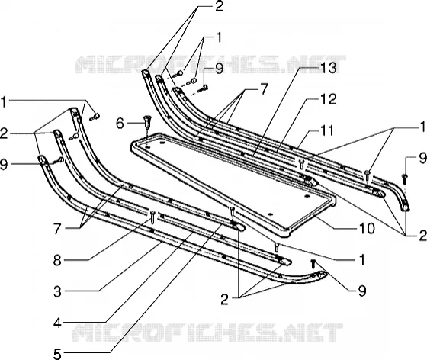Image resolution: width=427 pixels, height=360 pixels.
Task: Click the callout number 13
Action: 328,68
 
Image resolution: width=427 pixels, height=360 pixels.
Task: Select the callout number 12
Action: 328,99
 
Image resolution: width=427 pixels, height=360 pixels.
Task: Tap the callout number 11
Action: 326,130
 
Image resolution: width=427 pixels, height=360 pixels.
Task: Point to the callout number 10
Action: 367,228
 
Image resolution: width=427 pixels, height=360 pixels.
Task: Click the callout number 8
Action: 57,261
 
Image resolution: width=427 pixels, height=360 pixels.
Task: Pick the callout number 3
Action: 57,291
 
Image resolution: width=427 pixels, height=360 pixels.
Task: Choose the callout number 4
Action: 57,323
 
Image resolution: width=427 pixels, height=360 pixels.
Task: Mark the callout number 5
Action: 57,355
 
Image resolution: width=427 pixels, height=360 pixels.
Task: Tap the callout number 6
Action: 120,124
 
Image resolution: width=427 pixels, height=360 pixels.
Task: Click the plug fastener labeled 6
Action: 146,122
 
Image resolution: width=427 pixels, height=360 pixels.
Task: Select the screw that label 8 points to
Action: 152,217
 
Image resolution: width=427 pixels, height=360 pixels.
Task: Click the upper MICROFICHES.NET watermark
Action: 210,65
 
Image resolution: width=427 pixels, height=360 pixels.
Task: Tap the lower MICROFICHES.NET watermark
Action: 207,333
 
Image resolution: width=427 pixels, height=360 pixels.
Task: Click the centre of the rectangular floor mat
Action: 233,181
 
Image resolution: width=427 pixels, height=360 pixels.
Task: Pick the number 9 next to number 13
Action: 219,68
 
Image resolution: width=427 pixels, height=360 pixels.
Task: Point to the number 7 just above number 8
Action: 57,229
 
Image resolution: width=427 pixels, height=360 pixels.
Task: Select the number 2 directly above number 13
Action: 219,6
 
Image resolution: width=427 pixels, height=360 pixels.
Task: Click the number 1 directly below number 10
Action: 362,260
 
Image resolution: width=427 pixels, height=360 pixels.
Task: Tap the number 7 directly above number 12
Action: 264,89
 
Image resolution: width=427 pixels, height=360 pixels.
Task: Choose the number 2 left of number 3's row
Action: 225,299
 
